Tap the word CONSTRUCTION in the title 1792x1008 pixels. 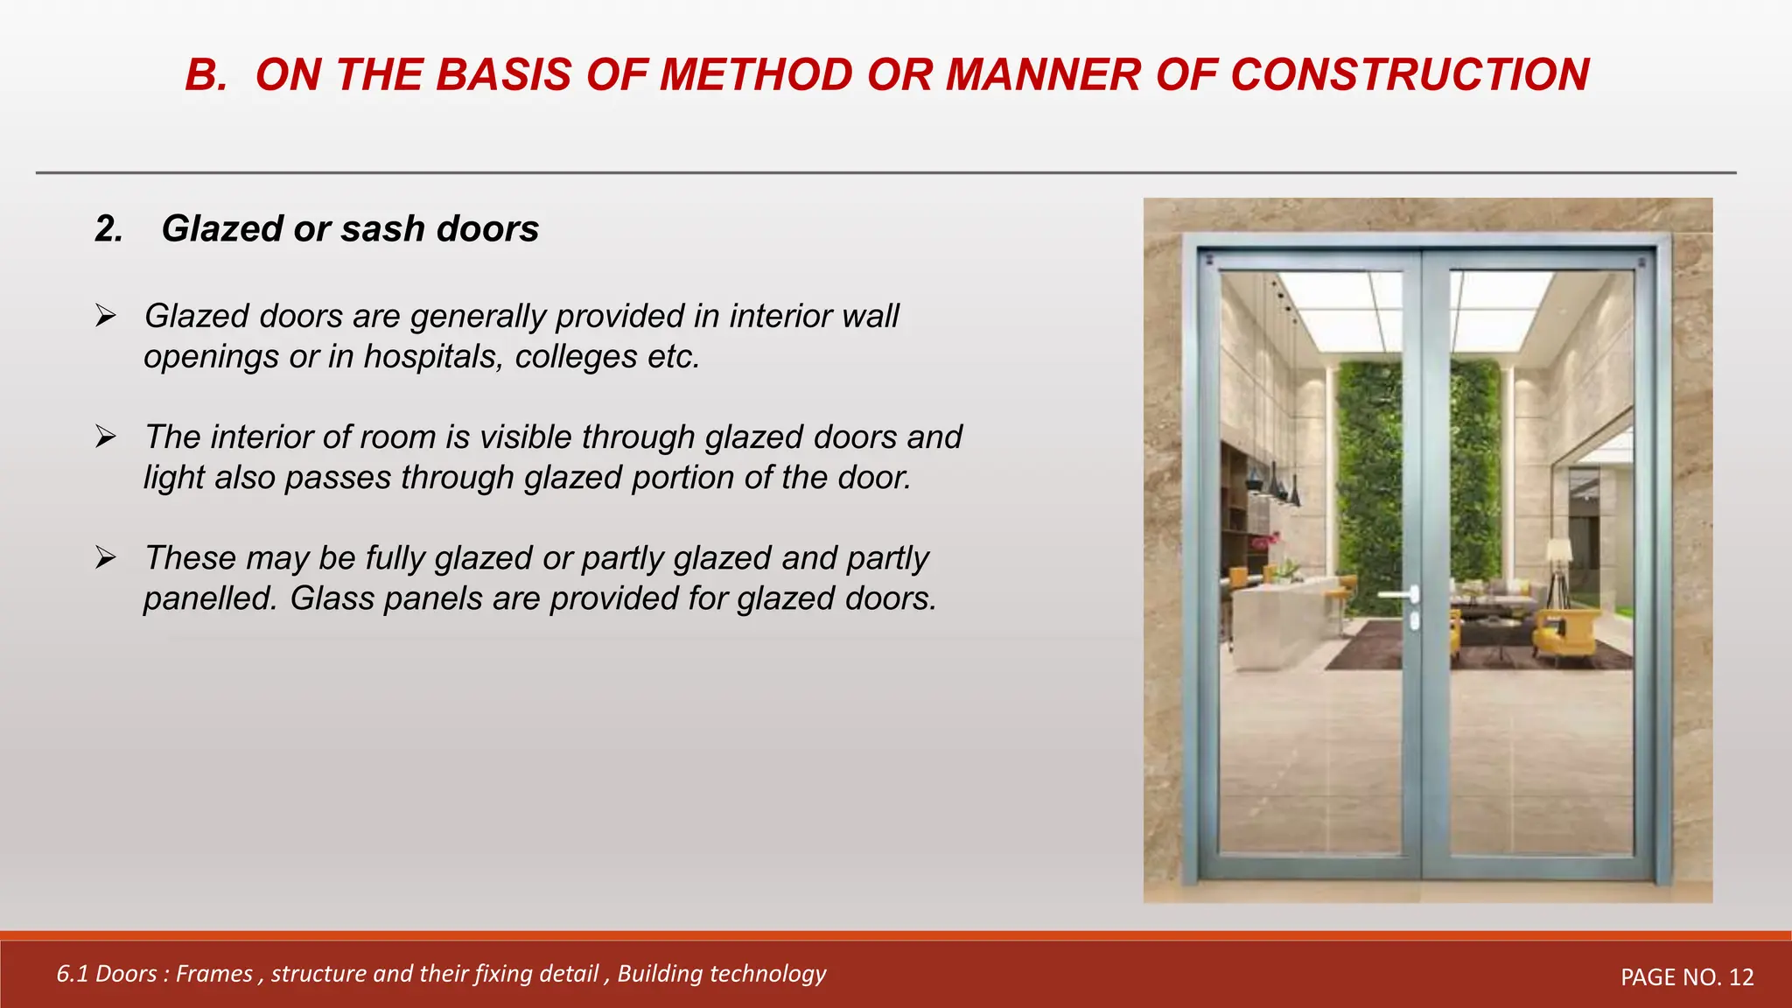pos(1410,74)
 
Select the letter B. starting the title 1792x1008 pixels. pos(206,74)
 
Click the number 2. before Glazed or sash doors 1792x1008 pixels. pos(109,229)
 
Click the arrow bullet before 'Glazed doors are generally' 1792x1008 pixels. pos(106,315)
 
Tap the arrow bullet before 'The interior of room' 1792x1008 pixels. pos(106,436)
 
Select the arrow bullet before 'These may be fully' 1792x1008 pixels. pos(106,556)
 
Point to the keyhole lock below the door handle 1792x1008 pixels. pos(1415,622)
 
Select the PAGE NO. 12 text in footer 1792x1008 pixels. pos(1686,977)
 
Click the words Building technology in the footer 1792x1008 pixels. pos(721,974)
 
